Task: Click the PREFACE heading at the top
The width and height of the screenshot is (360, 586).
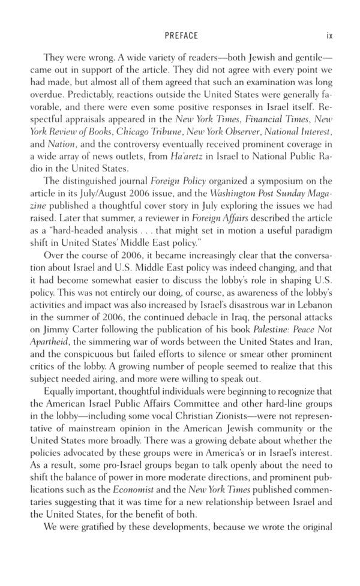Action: tap(181, 35)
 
